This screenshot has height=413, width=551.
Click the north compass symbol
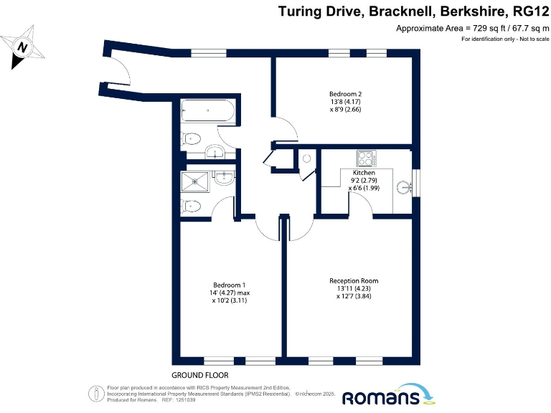click(x=23, y=47)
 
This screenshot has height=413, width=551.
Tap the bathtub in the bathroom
click(x=207, y=111)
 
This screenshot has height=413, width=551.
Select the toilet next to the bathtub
click(x=192, y=139)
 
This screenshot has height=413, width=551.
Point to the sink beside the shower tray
click(x=224, y=178)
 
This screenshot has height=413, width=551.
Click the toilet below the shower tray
click(x=192, y=206)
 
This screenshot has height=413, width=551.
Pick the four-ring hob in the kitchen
click(x=365, y=158)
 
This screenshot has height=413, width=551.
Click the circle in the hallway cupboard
click(x=306, y=158)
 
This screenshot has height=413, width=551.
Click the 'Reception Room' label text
click(x=354, y=280)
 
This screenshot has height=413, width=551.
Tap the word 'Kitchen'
click(x=364, y=173)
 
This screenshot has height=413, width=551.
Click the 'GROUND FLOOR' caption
click(x=200, y=376)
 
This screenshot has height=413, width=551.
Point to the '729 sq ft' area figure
click(x=486, y=28)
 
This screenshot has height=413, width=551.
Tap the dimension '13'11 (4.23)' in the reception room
click(x=354, y=288)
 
